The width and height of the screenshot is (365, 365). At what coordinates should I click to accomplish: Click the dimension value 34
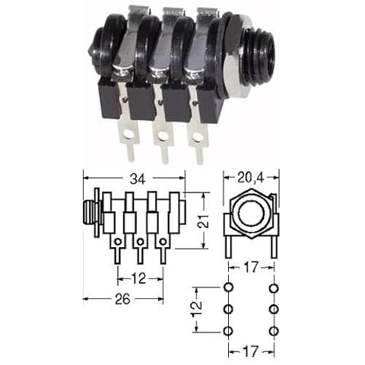[138, 179]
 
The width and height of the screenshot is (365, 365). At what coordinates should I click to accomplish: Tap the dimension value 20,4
[251, 178]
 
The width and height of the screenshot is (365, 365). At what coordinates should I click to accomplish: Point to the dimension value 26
[122, 299]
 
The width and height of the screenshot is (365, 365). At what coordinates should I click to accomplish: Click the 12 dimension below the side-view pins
[139, 278]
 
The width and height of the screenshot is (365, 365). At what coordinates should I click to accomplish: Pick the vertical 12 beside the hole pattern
[196, 309]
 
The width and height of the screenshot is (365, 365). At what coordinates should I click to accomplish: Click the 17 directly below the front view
[251, 268]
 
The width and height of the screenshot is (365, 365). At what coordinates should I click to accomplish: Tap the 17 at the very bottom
[251, 351]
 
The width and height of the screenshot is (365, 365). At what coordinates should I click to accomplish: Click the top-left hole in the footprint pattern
[228, 287]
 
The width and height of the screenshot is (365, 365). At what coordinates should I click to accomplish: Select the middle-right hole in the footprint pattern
[274, 309]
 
